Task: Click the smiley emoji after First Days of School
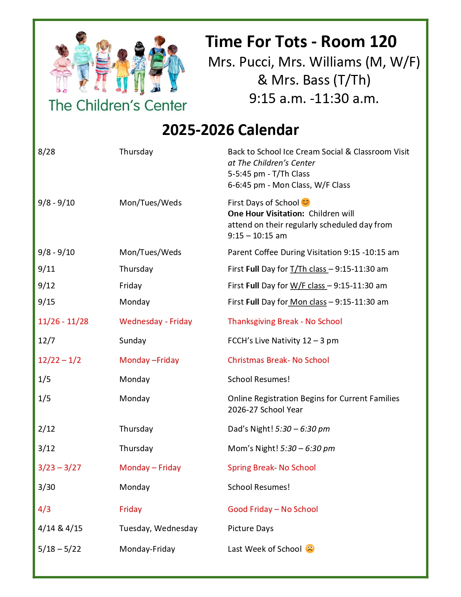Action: point(306,202)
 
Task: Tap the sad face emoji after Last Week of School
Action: point(310,549)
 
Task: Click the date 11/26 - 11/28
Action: point(63,321)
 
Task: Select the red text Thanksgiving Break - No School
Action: point(285,321)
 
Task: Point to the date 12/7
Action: point(45,340)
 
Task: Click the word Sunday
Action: point(132,340)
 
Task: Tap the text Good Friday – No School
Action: point(273,509)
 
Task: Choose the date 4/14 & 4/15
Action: point(60,528)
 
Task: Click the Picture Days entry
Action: point(250,528)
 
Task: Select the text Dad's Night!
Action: point(250,429)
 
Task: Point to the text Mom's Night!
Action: point(253,448)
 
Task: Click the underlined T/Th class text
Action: point(308,269)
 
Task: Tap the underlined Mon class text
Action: point(308,302)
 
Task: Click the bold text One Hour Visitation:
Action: point(266,213)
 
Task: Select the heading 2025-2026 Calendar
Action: point(230,130)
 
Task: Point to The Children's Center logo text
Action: point(118,105)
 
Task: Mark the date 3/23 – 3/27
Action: point(59,467)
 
